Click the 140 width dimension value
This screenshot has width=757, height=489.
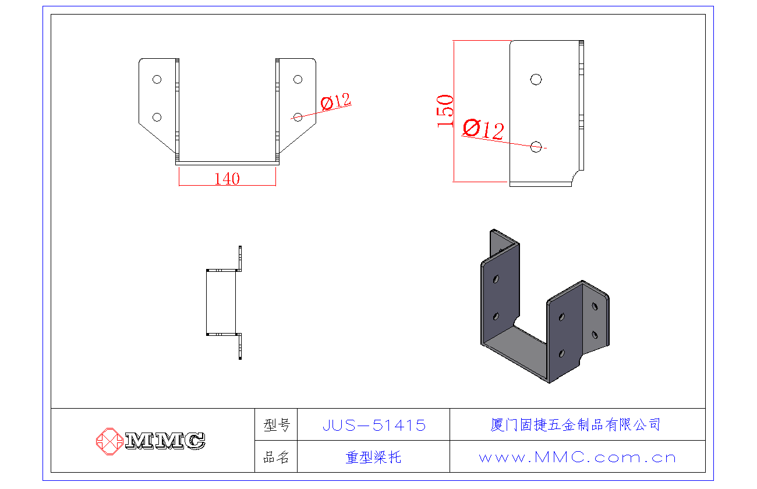click(227, 179)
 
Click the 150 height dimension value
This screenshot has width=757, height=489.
click(445, 111)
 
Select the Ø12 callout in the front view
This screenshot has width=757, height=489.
click(337, 102)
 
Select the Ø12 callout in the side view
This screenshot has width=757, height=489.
click(483, 129)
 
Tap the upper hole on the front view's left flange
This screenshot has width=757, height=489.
click(157, 79)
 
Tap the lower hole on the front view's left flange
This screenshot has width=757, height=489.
click(157, 117)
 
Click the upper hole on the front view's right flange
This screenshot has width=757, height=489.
click(298, 79)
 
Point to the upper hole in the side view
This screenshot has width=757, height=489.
click(536, 79)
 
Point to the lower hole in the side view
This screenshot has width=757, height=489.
click(536, 147)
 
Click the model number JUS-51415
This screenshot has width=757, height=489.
click(374, 426)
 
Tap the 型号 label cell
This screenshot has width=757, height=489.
click(276, 426)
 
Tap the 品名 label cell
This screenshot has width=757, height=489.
click(276, 458)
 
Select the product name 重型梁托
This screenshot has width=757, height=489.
click(374, 458)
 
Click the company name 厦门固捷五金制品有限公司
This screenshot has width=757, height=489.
click(576, 425)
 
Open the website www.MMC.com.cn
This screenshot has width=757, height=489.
click(577, 458)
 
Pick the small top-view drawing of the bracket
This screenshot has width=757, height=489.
click(224, 302)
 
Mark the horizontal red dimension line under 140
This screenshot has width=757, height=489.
click(227, 186)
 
